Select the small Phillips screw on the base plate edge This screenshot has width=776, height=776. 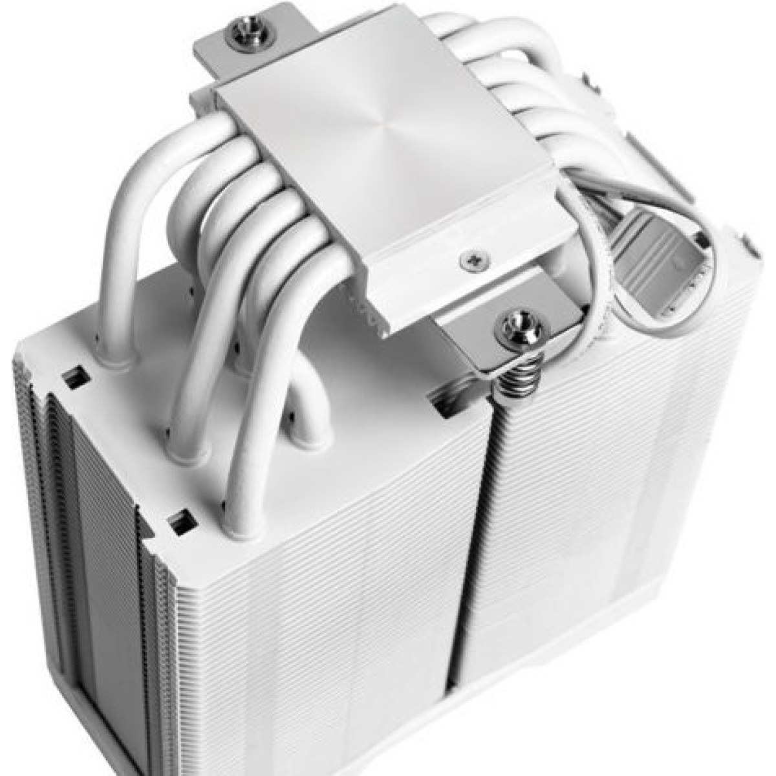point(469,260)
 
